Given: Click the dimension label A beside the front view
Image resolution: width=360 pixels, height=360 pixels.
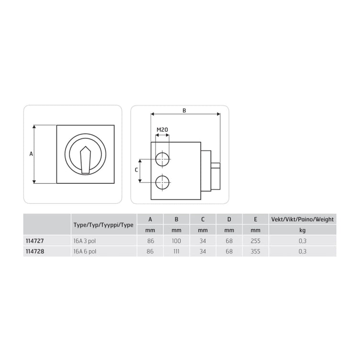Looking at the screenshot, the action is click(x=31, y=154).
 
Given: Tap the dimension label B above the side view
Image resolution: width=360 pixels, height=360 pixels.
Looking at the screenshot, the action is click(x=184, y=111).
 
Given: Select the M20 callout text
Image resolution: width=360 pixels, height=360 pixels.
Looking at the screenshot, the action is click(x=162, y=130).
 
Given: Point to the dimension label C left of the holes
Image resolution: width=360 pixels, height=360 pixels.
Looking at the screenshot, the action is click(x=136, y=170).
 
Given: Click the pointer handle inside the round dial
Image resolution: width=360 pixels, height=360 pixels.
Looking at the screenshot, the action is click(x=85, y=160).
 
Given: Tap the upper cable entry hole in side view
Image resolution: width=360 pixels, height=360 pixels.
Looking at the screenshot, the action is click(x=162, y=159).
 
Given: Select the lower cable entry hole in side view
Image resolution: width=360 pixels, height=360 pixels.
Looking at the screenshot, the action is click(x=162, y=183).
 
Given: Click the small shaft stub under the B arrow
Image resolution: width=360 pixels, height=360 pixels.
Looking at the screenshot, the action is click(x=215, y=165).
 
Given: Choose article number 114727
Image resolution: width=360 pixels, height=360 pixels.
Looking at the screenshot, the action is click(x=34, y=241).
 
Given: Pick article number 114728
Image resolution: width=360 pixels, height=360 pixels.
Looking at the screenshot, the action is click(x=35, y=251).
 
